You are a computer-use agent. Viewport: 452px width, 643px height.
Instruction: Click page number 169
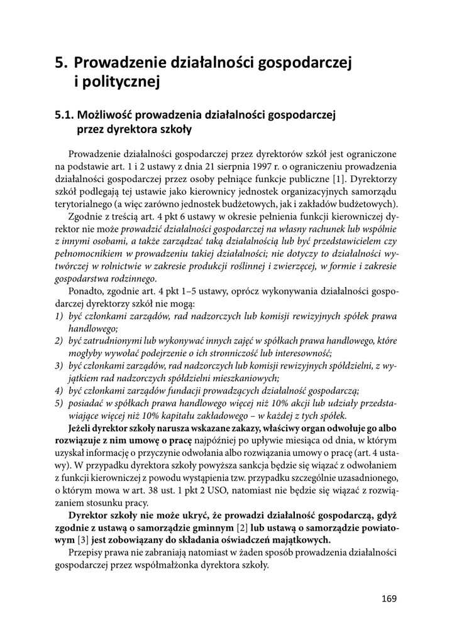click(389, 598)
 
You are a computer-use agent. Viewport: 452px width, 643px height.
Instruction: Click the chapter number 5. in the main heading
click(61, 63)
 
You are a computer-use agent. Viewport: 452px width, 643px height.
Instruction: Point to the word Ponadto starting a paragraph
click(88, 291)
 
